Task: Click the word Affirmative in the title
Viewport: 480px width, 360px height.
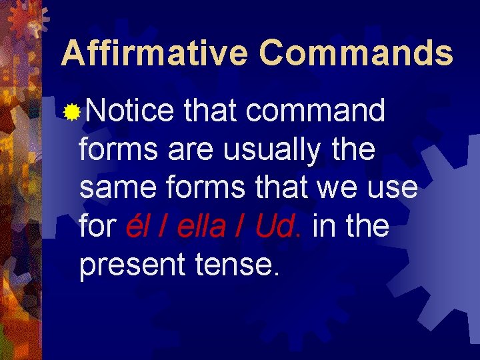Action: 154,53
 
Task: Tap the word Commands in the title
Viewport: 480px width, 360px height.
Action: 356,53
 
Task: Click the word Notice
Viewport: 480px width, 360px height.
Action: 129,111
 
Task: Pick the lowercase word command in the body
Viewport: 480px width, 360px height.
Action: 315,111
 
